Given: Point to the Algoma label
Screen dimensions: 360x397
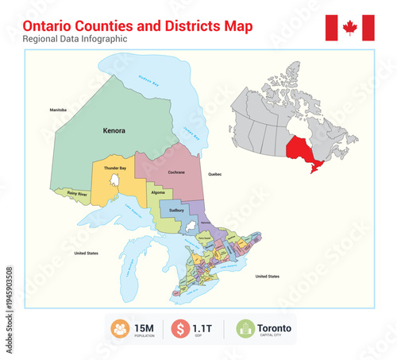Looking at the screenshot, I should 158,192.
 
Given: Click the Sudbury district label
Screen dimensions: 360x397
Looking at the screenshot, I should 176,211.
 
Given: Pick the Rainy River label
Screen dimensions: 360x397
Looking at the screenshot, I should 78,193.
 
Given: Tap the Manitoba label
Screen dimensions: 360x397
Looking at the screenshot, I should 57,109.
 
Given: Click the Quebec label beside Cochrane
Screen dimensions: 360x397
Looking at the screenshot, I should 214,173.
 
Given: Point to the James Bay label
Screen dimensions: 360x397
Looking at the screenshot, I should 190,131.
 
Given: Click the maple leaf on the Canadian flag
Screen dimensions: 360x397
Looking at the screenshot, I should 349,28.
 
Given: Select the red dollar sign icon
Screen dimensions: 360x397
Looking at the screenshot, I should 181,328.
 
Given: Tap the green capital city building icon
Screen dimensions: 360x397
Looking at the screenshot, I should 245,328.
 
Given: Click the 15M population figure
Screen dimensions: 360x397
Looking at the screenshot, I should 144,327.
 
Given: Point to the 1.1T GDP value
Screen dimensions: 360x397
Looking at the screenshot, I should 204,327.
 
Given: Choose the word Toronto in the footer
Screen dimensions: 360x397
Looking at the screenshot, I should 274,327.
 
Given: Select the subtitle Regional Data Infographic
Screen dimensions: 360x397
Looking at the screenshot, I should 75,39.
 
